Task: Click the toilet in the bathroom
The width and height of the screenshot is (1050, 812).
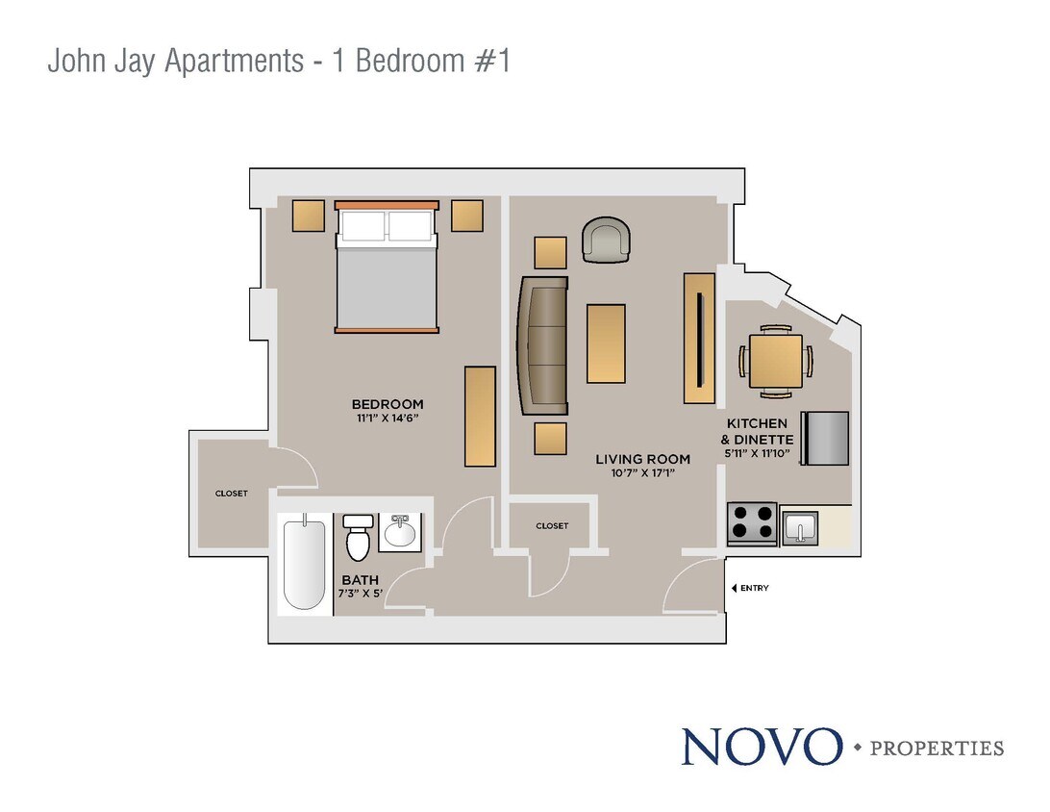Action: pyautogui.click(x=358, y=538)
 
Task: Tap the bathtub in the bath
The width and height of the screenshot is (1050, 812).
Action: pyautogui.click(x=305, y=562)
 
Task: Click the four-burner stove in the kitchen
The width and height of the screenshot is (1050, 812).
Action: pyautogui.click(x=751, y=524)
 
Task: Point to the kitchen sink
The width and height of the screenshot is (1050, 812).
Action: pyautogui.click(x=799, y=528)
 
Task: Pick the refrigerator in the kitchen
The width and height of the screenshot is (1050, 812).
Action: pyautogui.click(x=826, y=438)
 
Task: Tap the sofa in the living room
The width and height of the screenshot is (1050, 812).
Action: pyautogui.click(x=542, y=345)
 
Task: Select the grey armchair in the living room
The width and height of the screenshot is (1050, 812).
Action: pyautogui.click(x=607, y=240)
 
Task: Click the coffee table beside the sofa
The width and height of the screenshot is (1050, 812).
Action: pyautogui.click(x=606, y=343)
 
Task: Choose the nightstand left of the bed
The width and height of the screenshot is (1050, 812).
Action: pyautogui.click(x=309, y=216)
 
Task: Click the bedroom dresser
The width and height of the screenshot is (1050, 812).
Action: pyautogui.click(x=480, y=416)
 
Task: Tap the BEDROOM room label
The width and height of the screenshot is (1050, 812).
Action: pyautogui.click(x=387, y=404)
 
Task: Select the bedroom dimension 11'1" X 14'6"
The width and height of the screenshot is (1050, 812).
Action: pyautogui.click(x=387, y=419)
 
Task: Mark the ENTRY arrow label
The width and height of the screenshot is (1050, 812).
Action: pyautogui.click(x=750, y=588)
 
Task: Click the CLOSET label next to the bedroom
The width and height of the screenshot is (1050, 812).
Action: pyautogui.click(x=231, y=494)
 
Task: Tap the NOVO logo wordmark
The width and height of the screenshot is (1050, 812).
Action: pyautogui.click(x=761, y=747)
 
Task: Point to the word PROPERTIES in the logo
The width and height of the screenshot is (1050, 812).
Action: pyautogui.click(x=937, y=749)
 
